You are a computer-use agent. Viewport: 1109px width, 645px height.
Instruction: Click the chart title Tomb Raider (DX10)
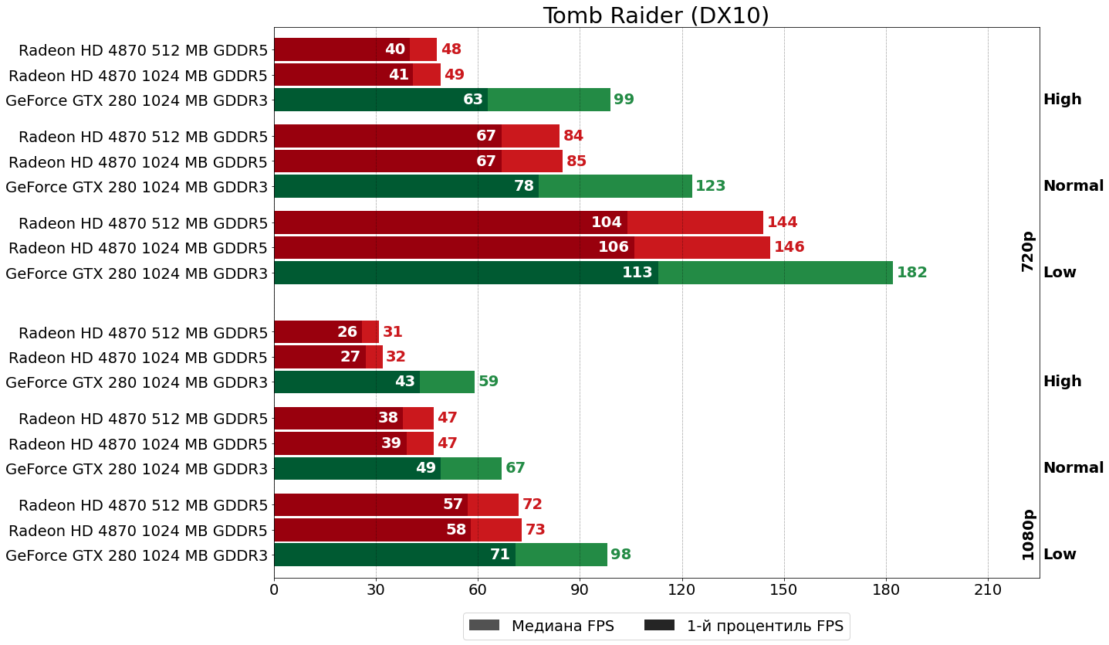pos(656,15)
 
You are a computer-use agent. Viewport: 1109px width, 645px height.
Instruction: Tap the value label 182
pos(911,273)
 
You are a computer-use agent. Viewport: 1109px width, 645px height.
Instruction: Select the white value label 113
pos(637,273)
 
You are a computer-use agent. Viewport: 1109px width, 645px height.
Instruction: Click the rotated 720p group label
pos(1027,251)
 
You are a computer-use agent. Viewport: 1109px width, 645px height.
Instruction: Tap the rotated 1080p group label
pos(1027,535)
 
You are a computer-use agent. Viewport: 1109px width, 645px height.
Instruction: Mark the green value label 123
pos(710,186)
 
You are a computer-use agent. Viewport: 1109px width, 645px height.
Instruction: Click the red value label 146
pos(789,247)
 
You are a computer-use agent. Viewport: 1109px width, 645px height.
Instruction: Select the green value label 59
pos(488,382)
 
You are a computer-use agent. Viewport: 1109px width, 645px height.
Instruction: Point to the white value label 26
pos(347,332)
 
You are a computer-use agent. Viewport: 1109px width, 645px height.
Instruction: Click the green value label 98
pos(620,555)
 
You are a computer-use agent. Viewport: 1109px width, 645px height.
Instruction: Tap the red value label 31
pos(392,332)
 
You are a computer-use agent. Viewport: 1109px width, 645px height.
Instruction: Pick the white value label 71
pos(499,555)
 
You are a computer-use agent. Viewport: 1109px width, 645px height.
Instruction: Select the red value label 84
pos(573,136)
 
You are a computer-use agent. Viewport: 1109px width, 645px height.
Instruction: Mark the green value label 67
pos(515,468)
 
